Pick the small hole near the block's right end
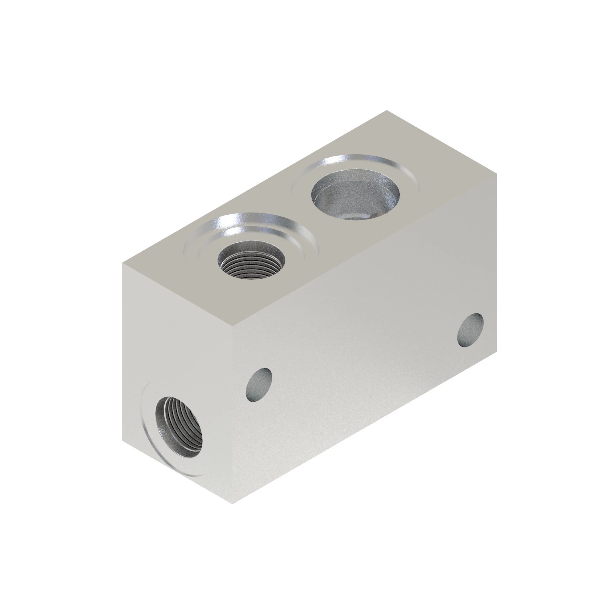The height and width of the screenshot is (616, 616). [x=470, y=330]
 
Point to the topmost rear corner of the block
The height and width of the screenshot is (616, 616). [x=387, y=111]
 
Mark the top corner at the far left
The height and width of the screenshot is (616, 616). [x=123, y=263]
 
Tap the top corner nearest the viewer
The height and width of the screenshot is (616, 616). [x=233, y=326]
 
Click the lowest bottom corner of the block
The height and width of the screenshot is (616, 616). [x=233, y=504]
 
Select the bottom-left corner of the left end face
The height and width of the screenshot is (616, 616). [x=123, y=441]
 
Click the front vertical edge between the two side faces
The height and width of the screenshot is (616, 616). [x=233, y=415]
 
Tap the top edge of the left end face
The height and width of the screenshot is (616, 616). [x=178, y=295]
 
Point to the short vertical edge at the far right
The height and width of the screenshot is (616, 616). [x=496, y=261]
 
